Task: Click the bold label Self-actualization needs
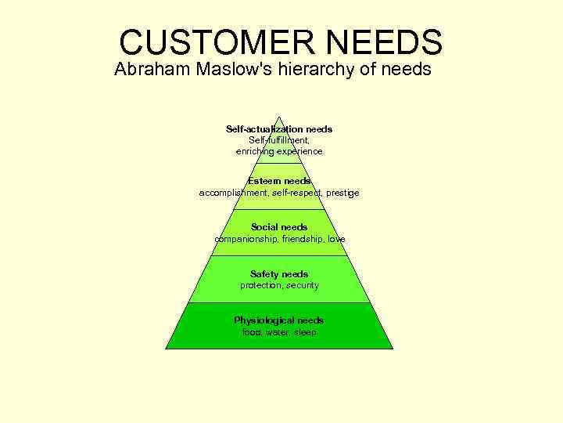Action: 279,128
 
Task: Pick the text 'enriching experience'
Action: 279,150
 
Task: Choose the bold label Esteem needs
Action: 279,181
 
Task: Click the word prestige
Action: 343,192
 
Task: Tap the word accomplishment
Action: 233,192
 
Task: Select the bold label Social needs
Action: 279,227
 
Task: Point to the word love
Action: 336,238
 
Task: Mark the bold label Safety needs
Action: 279,274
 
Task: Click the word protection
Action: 260,285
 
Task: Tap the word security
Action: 303,285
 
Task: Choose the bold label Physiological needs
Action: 279,320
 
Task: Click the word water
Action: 277,332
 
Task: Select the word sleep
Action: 306,332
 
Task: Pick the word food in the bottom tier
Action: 251,332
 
